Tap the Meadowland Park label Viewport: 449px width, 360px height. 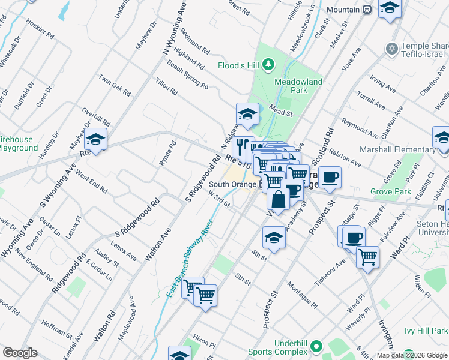point(298,86)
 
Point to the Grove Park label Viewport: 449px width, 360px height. point(402,192)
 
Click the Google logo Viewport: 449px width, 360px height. point(20,353)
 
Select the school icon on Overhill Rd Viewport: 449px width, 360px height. point(95,140)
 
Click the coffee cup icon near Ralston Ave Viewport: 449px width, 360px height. point(330,178)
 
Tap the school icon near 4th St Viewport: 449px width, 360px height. point(274,238)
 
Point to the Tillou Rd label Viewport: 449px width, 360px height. point(167,87)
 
